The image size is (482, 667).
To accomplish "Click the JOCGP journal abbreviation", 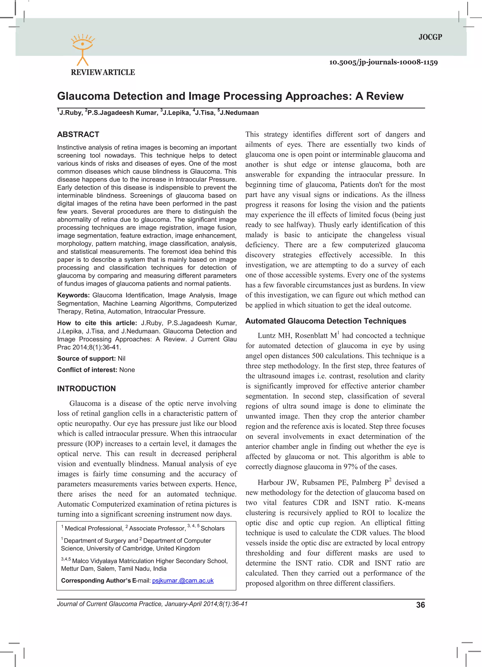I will point(430,37).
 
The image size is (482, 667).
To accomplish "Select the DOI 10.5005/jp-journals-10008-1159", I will point(383,62).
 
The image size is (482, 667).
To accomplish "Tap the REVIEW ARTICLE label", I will point(103,72).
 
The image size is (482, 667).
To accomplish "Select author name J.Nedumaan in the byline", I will point(239,113).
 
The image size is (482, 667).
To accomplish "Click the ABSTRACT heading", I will point(78,134).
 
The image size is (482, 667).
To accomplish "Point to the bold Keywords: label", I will point(73,295).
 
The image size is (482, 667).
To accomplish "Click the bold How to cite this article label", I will point(97,323).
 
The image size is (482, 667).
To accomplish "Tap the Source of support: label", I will point(86,358).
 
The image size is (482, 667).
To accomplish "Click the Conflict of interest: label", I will point(87,370).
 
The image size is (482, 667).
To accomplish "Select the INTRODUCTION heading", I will point(86,389).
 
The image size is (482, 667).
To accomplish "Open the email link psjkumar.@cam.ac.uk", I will point(183,581).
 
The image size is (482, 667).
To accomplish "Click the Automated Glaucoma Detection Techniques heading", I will point(326,321).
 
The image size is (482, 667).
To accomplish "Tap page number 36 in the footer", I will point(420,605).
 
